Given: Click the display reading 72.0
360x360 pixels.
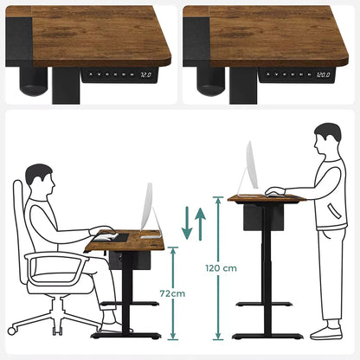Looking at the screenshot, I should tap(145, 75).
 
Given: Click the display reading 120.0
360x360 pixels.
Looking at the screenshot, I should tap(323, 75).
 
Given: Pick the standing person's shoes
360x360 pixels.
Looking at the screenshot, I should tap(325, 332).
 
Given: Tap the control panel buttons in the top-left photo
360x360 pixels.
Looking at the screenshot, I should tap(112, 75).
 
